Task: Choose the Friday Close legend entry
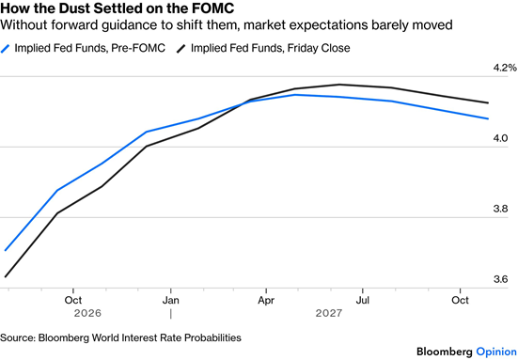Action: [x=263, y=48]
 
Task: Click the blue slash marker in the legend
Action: [x=6, y=49]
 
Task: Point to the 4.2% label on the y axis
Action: [x=505, y=68]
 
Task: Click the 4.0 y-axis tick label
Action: [x=500, y=138]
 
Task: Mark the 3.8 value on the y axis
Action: [x=500, y=209]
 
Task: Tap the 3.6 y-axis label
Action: [x=500, y=279]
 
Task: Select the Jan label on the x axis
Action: [x=171, y=300]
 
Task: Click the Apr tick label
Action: [x=266, y=300]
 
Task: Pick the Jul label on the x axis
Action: [x=362, y=300]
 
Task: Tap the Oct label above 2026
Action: [x=73, y=300]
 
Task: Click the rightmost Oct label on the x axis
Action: [x=461, y=300]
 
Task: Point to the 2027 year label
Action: [x=329, y=313]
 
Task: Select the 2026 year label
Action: [x=87, y=313]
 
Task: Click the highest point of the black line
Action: [x=339, y=85]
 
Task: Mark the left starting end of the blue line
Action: [x=6, y=250]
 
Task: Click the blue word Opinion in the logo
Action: [x=496, y=352]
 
